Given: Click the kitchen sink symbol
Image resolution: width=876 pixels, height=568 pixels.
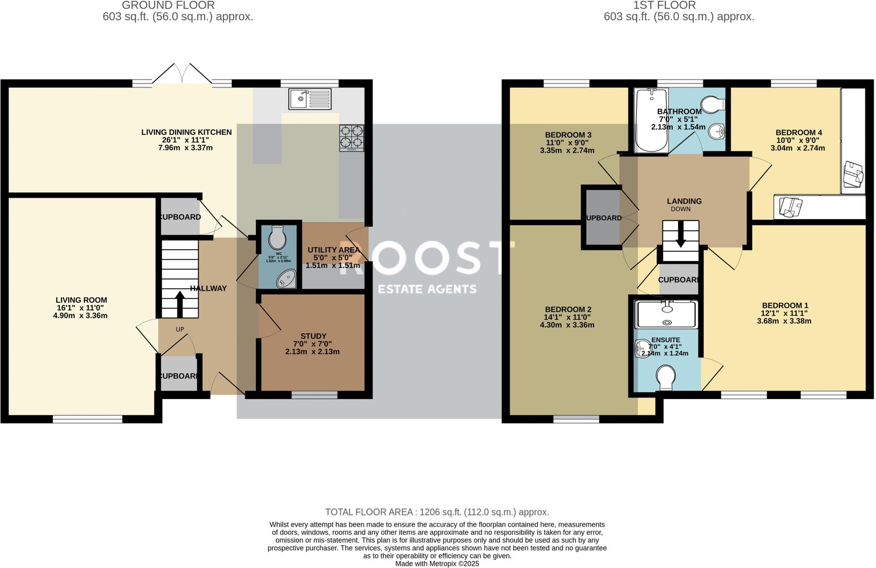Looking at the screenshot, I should (310, 99).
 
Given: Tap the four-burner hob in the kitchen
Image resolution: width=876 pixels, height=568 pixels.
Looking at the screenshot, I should (352, 138).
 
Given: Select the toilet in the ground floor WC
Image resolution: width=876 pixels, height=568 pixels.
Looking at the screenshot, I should (278, 238).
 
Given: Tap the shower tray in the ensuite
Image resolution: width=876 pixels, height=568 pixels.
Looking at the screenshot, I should (667, 314).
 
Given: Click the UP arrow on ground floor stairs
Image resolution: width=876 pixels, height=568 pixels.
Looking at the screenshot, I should (180, 303).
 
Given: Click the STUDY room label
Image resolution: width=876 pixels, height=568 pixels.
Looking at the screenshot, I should (313, 336).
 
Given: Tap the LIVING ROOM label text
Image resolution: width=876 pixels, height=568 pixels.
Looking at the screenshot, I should (81, 300).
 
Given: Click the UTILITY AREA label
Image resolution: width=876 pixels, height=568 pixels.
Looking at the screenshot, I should (333, 250).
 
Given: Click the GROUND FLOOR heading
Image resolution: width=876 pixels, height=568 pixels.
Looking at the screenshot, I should (168, 6).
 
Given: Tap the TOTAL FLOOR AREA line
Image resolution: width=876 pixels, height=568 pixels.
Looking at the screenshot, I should (437, 512).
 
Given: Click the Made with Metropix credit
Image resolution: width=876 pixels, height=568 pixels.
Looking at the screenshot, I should (437, 564).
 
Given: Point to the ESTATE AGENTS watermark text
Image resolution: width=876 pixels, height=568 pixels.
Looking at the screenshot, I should (427, 290).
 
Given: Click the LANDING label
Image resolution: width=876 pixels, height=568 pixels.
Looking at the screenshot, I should (684, 201).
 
